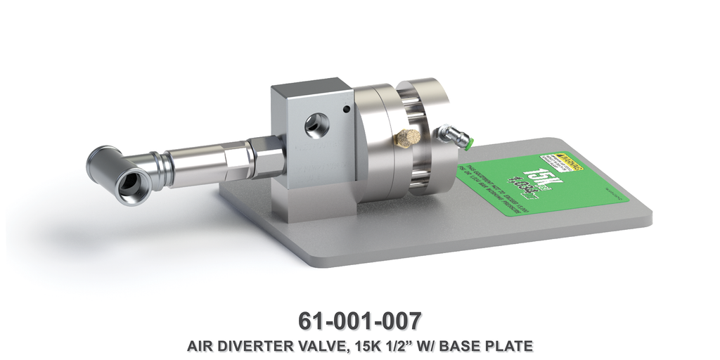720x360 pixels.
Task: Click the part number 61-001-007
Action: pyautogui.click(x=359, y=320)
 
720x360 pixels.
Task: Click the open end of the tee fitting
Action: pyautogui.click(x=129, y=184)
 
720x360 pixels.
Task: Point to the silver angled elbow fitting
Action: pyautogui.click(x=451, y=136)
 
